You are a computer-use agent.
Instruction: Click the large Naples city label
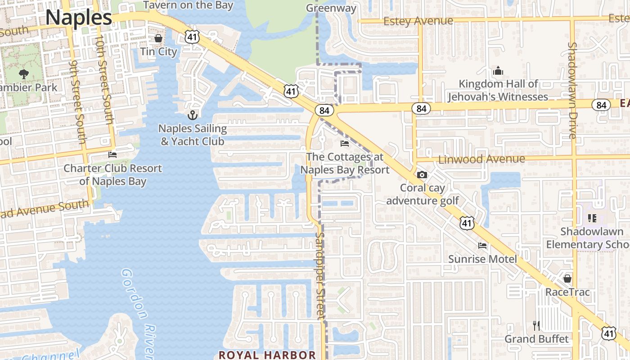pyautogui.click(x=78, y=18)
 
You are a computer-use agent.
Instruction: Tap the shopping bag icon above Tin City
pyautogui.click(x=158, y=38)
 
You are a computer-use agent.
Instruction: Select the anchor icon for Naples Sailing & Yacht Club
pyautogui.click(x=193, y=115)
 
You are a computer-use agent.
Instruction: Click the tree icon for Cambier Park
pyautogui.click(x=23, y=74)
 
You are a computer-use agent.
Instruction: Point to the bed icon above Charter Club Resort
pyautogui.click(x=112, y=155)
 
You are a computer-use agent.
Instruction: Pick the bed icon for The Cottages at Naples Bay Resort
pyautogui.click(x=345, y=144)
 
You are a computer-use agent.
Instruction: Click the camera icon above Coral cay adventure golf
pyautogui.click(x=422, y=175)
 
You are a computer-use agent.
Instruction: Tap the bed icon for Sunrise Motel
pyautogui.click(x=482, y=246)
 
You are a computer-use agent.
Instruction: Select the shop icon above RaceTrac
pyautogui.click(x=567, y=279)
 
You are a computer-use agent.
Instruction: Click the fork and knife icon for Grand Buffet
pyautogui.click(x=536, y=325)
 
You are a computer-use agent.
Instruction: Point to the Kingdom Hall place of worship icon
pyautogui.click(x=498, y=71)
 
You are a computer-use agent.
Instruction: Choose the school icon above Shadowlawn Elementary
pyautogui.click(x=592, y=218)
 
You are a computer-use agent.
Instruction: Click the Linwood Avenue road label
pyautogui.click(x=481, y=159)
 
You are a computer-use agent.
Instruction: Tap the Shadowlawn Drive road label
pyautogui.click(x=572, y=90)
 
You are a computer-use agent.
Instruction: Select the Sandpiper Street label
pyautogui.click(x=320, y=275)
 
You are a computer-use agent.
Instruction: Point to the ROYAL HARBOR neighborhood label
pyautogui.click(x=267, y=355)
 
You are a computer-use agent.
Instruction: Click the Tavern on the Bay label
pyautogui.click(x=188, y=5)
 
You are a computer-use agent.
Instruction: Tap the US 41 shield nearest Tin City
pyautogui.click(x=192, y=37)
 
